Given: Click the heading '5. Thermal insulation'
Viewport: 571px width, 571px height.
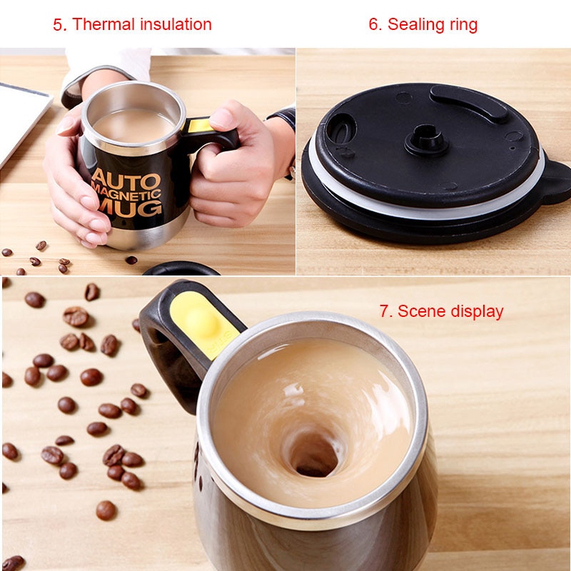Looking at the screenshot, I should click(132, 24).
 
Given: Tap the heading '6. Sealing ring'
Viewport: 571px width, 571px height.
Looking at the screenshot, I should click(423, 24).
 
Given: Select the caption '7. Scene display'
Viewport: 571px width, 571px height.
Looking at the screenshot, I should click(440, 311).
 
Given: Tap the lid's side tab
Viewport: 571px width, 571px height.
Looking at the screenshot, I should click(555, 182).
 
